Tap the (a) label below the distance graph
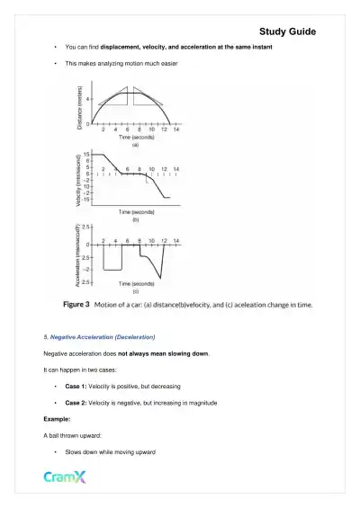[135, 145]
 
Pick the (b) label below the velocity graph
[135, 218]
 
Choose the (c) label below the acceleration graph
[135, 291]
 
